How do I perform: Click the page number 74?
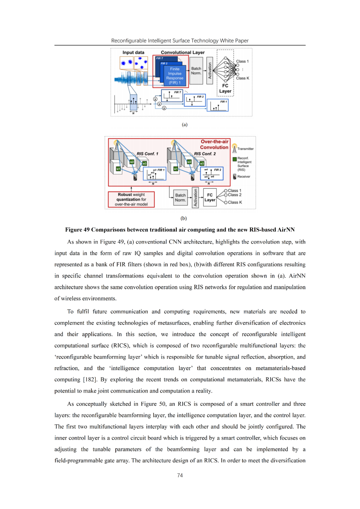180,475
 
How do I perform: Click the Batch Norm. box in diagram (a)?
196,71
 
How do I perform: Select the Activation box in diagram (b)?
195,198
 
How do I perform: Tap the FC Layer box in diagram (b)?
210,198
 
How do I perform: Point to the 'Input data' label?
133,52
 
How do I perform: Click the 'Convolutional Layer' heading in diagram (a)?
183,52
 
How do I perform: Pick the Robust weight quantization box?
131,199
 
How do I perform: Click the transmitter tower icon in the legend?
235,149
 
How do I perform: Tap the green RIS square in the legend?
235,159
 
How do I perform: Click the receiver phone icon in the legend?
235,177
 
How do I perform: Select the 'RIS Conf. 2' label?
205,154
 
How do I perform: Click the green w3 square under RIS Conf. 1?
145,163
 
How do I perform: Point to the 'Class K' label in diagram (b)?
235,202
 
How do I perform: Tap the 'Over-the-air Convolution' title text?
214,144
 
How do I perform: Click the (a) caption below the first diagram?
185,125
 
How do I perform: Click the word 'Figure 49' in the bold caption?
77,230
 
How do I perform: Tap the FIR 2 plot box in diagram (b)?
212,174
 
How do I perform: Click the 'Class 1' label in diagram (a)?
242,61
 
